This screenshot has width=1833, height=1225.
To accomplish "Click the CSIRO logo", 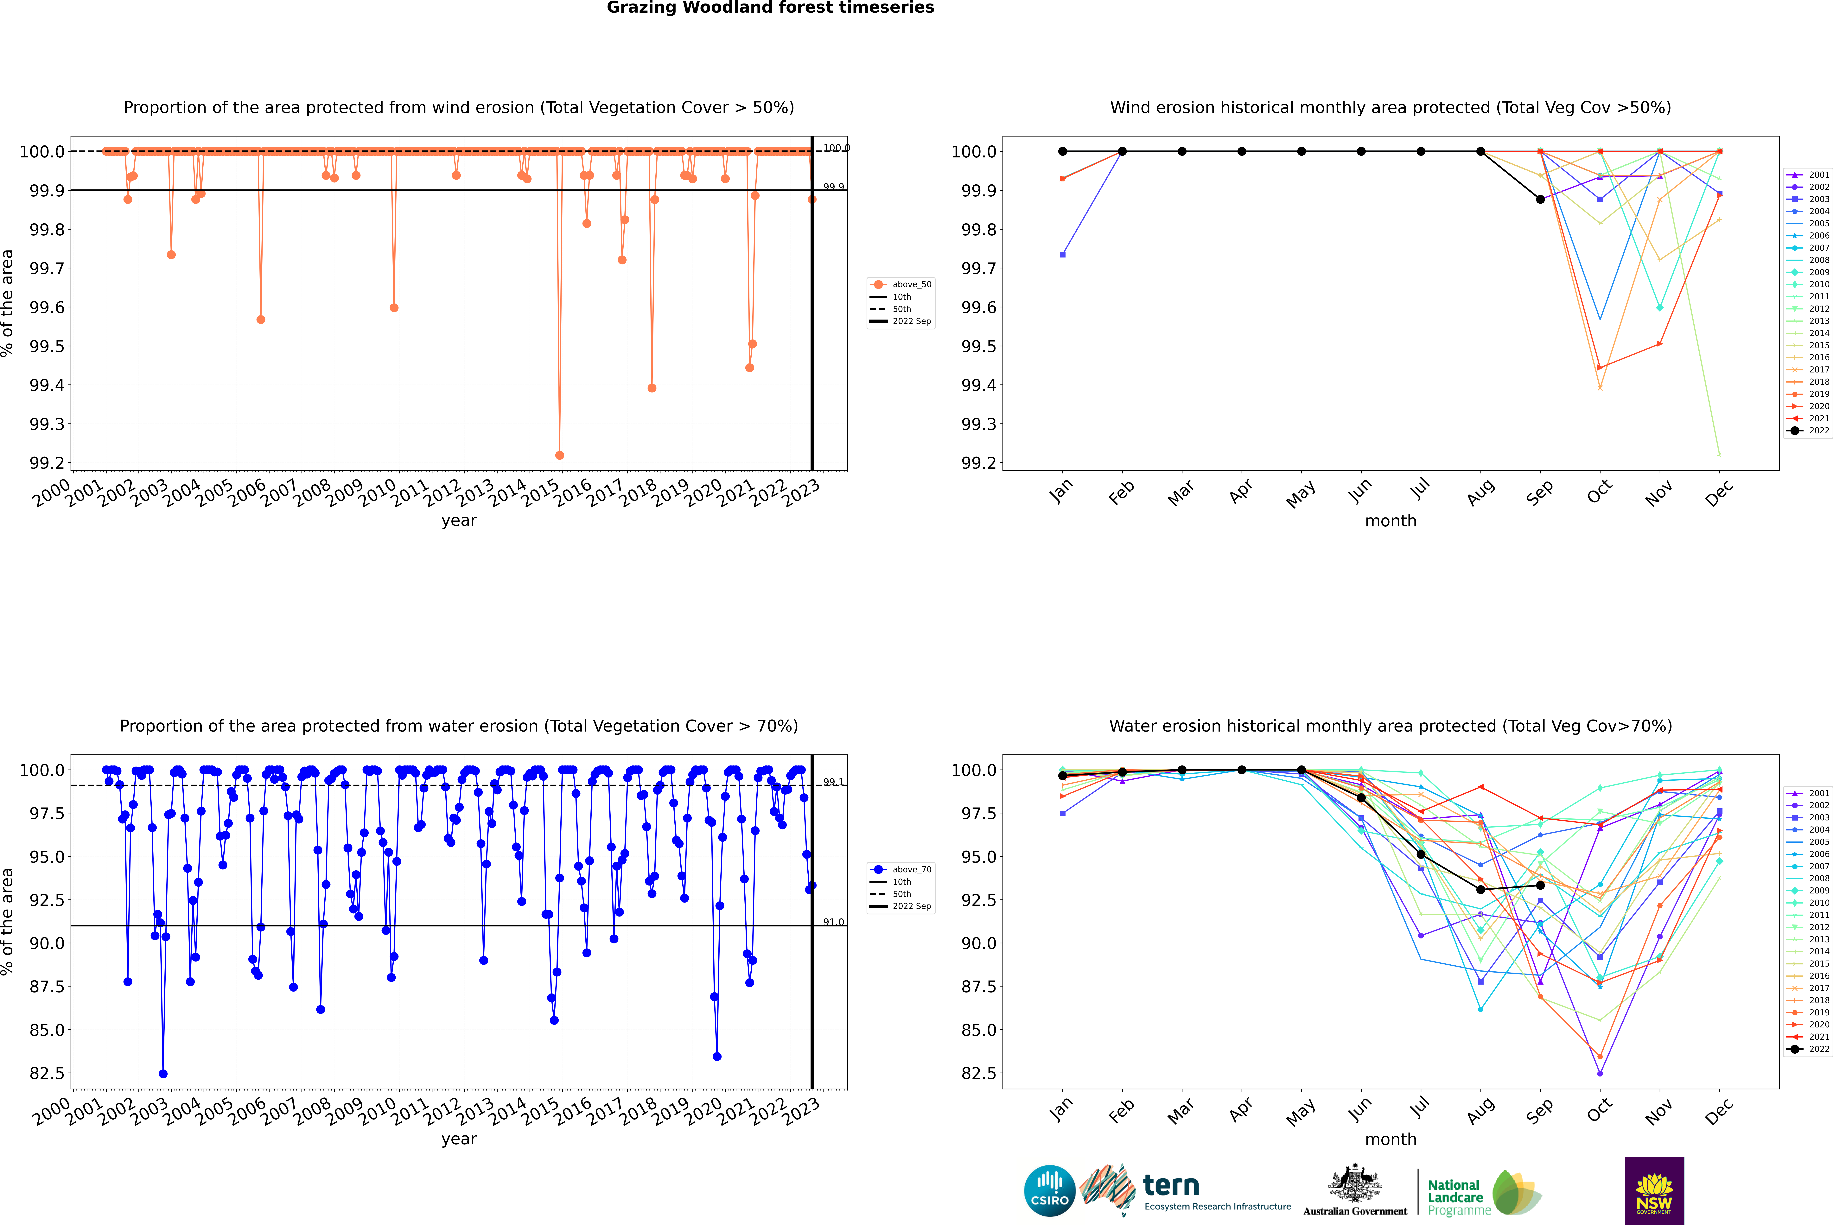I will tap(1049, 1191).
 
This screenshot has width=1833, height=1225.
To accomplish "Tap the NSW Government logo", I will tap(1654, 1191).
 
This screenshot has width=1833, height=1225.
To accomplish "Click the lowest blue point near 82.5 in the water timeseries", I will tap(162, 1073).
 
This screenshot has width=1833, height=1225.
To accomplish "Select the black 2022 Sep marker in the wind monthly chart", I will tap(1540, 199).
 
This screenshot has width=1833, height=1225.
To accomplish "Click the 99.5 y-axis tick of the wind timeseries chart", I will tap(47, 346).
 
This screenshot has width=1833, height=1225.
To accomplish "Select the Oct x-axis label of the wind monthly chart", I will tap(1599, 492).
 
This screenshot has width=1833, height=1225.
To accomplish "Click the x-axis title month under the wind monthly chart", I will tap(1390, 521).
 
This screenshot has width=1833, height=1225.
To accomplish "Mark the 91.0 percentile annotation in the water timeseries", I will tap(834, 923).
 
